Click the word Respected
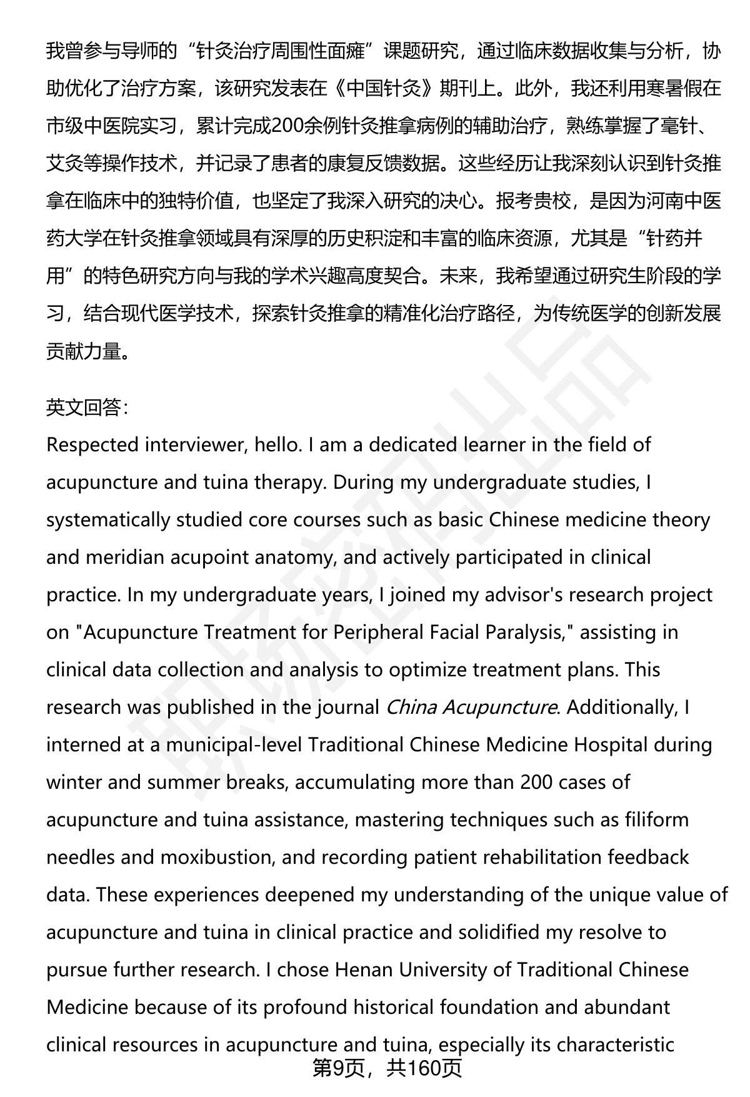coord(92,445)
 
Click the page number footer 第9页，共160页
coord(387,1068)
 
